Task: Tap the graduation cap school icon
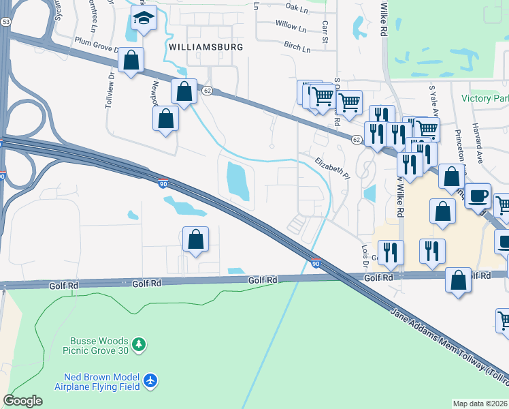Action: tap(144, 19)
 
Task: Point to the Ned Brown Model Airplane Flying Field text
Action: tap(101, 382)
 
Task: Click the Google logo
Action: tap(22, 401)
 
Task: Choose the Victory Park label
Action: tap(485, 98)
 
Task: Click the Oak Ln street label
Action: tap(297, 8)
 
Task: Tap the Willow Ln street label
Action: tap(291, 27)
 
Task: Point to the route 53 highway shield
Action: tap(6, 22)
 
